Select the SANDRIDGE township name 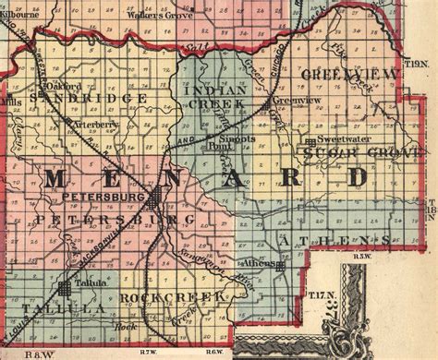coord(88,97)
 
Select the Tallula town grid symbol coord(66,288)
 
